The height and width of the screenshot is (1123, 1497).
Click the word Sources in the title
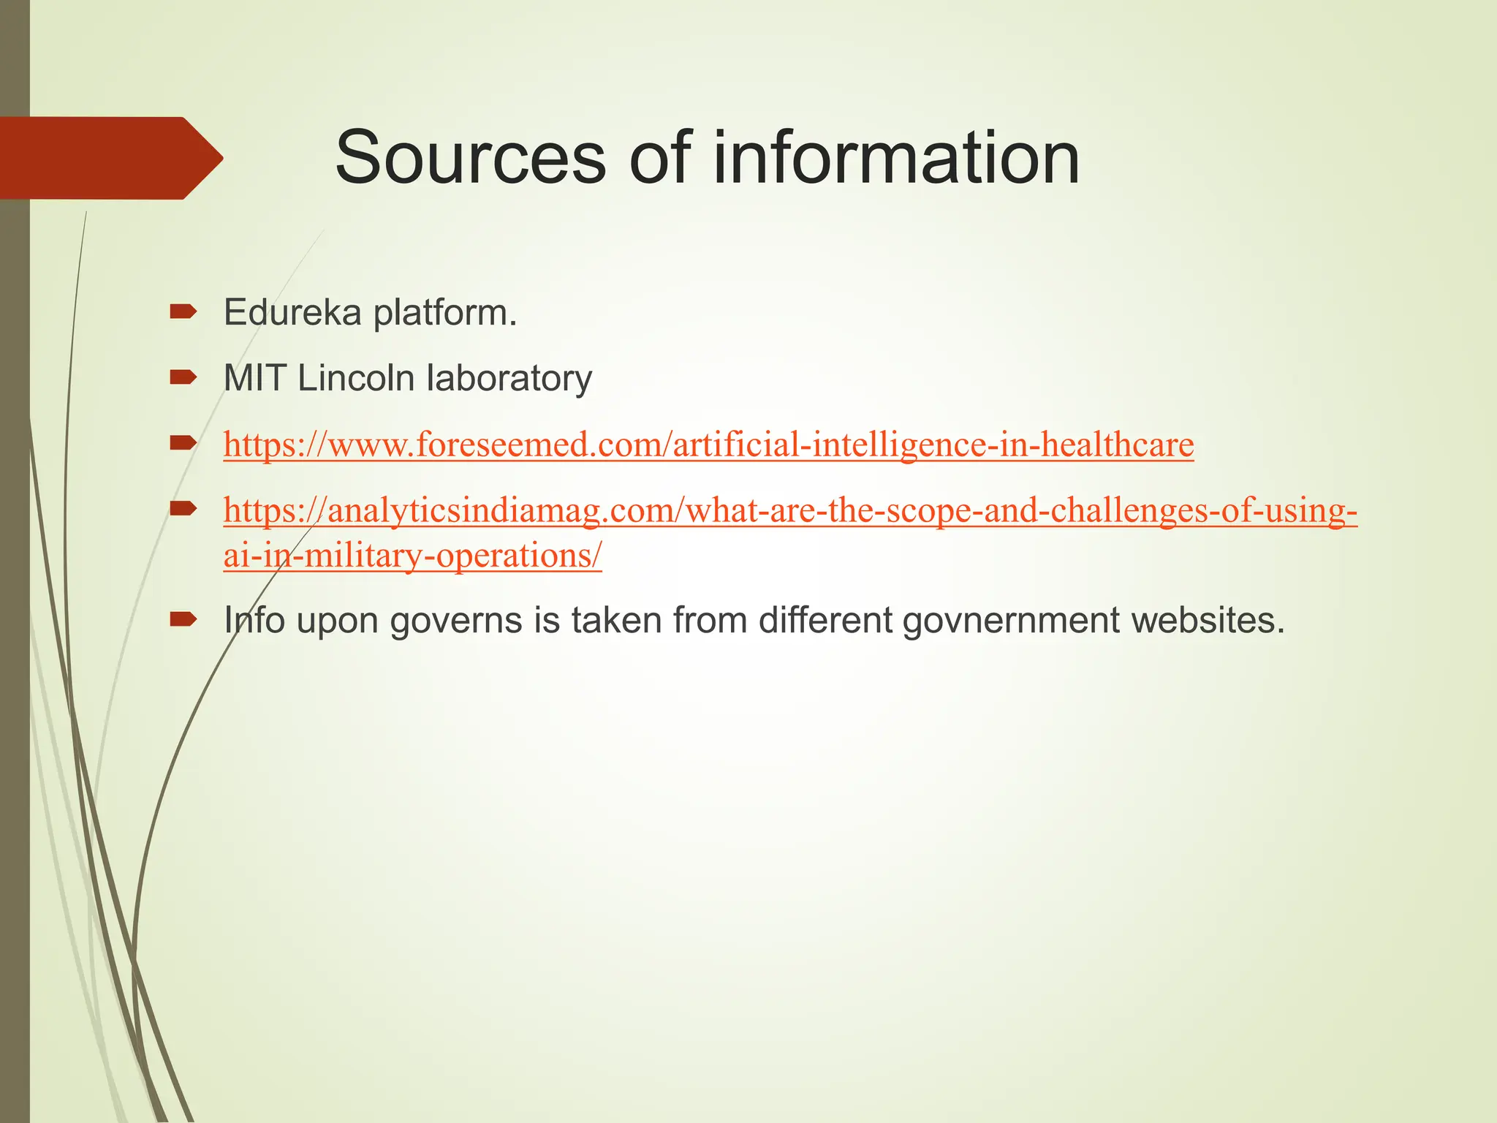coord(470,158)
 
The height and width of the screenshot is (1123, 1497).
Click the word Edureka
coord(292,313)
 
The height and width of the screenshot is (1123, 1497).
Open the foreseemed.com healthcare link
coord(708,445)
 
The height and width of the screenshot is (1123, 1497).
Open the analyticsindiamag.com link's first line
coord(790,510)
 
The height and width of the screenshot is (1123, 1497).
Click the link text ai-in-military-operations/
coord(412,556)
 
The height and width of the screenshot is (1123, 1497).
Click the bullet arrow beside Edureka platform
coord(183,312)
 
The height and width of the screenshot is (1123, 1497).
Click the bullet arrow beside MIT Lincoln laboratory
coord(183,378)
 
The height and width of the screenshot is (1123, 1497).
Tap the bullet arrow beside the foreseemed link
coord(183,442)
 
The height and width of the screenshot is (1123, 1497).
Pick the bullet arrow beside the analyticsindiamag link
coord(183,508)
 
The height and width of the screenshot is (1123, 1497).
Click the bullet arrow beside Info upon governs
coord(183,620)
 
